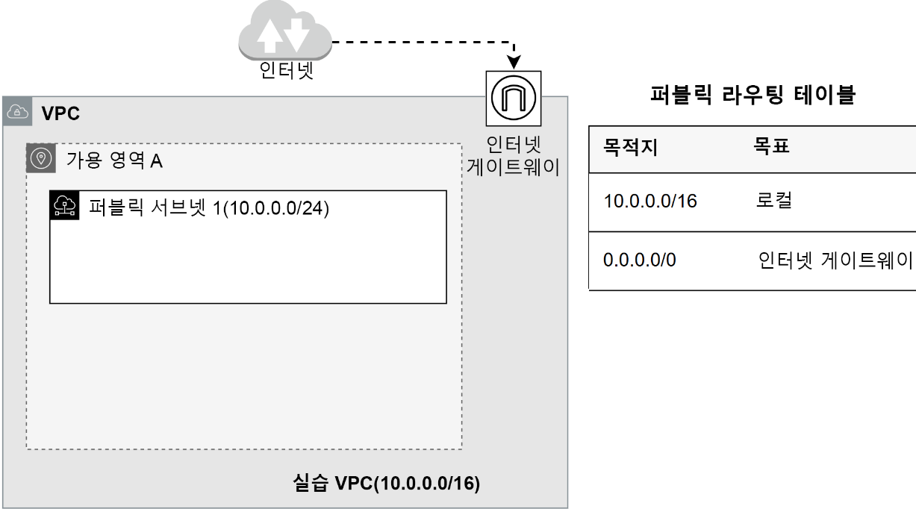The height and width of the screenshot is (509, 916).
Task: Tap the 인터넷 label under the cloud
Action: coord(285,73)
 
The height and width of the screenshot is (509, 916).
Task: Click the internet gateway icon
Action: coord(514,98)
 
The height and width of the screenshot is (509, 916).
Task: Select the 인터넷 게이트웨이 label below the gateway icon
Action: coord(514,154)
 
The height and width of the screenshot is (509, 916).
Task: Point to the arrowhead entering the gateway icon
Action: coord(514,60)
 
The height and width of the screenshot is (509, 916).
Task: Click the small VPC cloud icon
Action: coord(16,113)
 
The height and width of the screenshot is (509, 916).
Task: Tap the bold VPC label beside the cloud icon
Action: coord(60,114)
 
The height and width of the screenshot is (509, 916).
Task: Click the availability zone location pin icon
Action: coord(41,158)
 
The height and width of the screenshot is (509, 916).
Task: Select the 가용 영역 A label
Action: coord(114,160)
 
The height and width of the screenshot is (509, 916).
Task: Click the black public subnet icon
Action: coord(64,204)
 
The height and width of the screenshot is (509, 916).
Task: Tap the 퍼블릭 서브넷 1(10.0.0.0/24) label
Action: coord(209,206)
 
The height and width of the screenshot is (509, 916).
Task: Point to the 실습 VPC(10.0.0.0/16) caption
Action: coord(386,482)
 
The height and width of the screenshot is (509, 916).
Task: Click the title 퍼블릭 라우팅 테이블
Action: coord(753,95)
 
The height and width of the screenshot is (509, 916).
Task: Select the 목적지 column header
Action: coord(630,147)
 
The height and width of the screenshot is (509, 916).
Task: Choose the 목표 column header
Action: coord(772,147)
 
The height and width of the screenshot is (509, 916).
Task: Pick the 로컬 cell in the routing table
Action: coord(773,201)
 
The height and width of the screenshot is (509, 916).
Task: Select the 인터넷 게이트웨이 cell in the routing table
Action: coord(835,262)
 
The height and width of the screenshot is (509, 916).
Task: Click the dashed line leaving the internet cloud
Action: coord(418,42)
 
